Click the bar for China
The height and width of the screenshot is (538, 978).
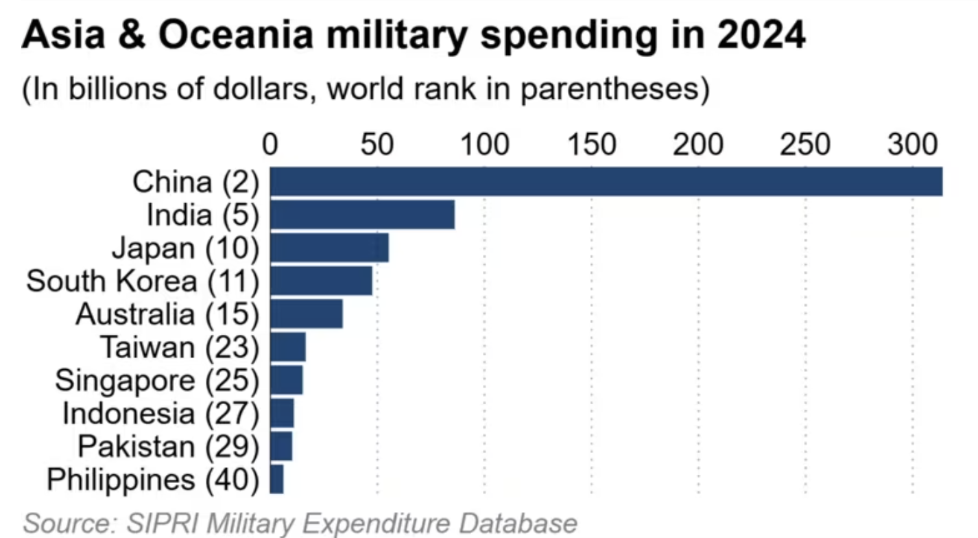pos(606,182)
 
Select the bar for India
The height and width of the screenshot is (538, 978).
pos(362,215)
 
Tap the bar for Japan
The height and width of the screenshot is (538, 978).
pos(329,248)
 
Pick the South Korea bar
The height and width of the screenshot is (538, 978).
pos(321,281)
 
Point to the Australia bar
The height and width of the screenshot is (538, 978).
pos(306,314)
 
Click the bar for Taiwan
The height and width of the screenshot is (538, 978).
pos(287,347)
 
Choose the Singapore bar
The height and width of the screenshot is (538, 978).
pos(286,379)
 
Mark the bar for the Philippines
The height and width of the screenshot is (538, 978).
pos(276,479)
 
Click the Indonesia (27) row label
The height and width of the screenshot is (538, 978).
pos(160,413)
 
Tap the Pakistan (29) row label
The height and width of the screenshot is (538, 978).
pos(168,446)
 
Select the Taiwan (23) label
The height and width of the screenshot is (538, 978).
pos(180,347)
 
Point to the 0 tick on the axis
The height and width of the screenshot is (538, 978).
pos(270,145)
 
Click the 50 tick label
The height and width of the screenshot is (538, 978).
pos(377,145)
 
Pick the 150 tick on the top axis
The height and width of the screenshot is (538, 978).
pos(591,145)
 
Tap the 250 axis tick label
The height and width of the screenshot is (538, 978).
pos(805,145)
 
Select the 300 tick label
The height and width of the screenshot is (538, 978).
pos(912,145)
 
